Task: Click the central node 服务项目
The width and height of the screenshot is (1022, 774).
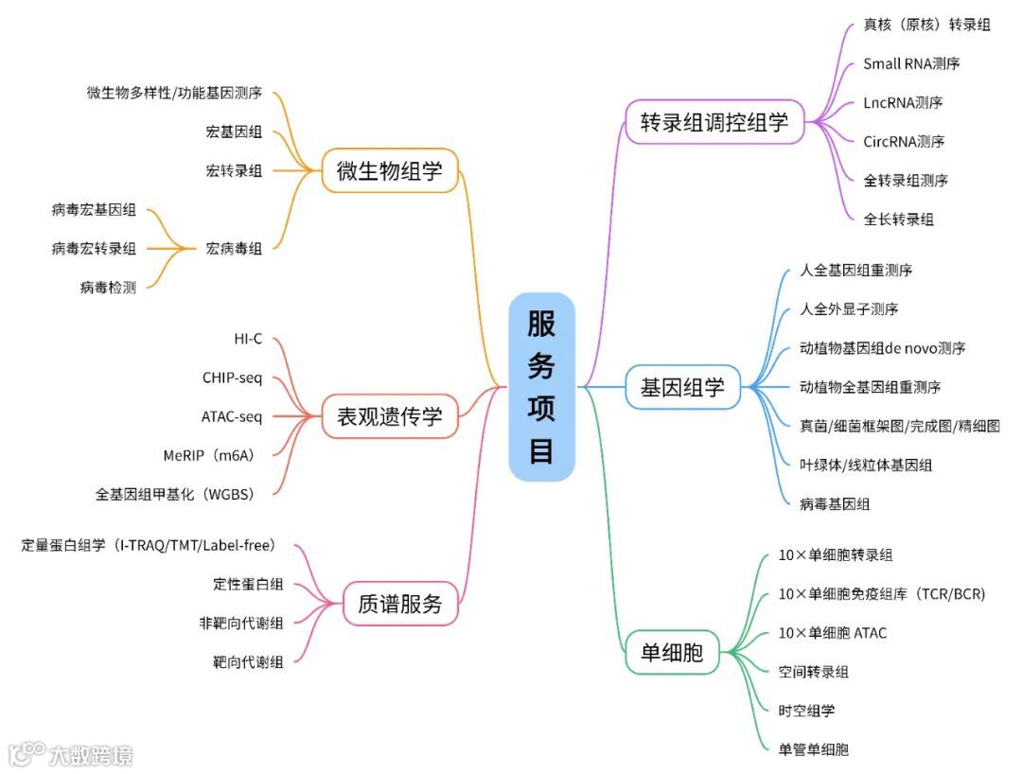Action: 541,387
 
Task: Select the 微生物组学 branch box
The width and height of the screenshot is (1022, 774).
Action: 390,171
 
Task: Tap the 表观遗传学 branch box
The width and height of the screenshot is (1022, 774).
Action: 390,416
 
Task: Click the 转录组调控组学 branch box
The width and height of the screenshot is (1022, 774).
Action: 714,122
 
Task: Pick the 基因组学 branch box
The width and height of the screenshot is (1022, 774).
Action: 682,387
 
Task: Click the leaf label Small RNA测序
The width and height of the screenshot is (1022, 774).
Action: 911,64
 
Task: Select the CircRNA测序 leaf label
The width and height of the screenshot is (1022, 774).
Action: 904,142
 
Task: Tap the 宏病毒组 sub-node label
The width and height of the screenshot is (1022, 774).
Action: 234,249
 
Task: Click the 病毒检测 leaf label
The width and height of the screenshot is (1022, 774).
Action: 108,288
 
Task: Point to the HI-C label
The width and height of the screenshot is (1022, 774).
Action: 248,339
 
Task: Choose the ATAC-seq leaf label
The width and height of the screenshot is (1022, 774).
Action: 232,416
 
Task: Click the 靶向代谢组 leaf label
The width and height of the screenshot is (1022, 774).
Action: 248,662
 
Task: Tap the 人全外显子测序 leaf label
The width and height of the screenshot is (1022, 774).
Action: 849,309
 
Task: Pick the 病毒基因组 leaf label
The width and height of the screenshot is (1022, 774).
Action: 835,504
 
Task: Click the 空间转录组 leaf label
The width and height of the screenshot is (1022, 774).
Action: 813,672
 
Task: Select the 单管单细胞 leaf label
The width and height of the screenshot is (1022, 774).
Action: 813,749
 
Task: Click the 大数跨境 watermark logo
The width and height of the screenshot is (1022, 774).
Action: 71,754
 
